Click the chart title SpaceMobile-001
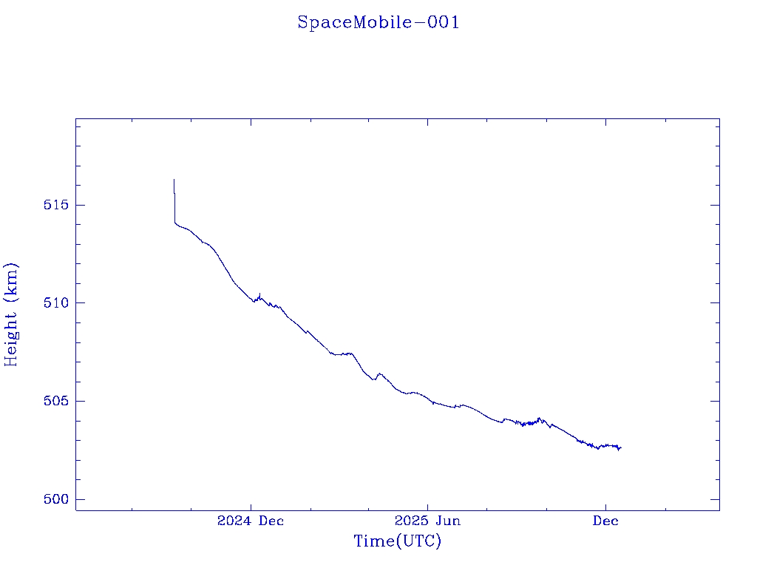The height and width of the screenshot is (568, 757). [x=378, y=23]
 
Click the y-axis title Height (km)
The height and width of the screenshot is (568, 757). [x=11, y=314]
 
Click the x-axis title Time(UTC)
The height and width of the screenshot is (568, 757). [x=398, y=541]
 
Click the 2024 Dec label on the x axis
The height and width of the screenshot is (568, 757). [x=251, y=521]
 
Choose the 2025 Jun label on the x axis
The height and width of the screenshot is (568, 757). [x=428, y=521]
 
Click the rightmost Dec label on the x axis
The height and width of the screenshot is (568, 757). [x=605, y=521]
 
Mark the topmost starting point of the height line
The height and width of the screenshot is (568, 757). [x=174, y=179]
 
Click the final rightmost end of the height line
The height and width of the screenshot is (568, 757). [x=621, y=447]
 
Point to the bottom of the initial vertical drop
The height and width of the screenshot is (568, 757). [x=174, y=222]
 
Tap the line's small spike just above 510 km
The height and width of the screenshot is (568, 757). [x=259, y=294]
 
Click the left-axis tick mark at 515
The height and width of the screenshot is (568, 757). [x=80, y=204]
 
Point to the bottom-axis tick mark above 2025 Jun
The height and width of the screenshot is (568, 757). [x=428, y=506]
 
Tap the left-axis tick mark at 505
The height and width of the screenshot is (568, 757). [x=80, y=401]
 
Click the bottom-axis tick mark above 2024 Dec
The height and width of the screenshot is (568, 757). [x=251, y=506]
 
